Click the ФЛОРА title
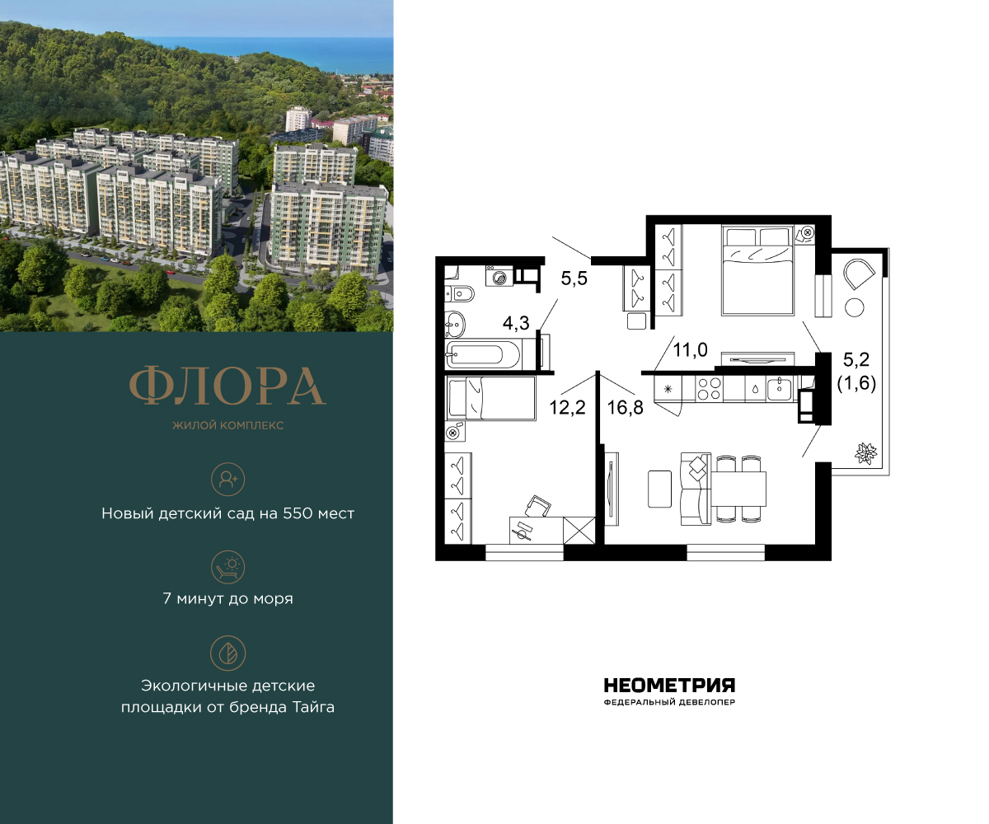pos(227,386)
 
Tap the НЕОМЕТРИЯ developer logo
pos(668,686)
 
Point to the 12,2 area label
pos(567,407)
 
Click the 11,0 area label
pos(690,350)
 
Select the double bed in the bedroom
pos(758,269)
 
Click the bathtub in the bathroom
pos(485,357)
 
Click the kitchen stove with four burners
pos(708,387)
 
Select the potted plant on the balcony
pos(867,453)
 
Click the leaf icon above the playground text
pos(228,652)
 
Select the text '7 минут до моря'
pos(227,599)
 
